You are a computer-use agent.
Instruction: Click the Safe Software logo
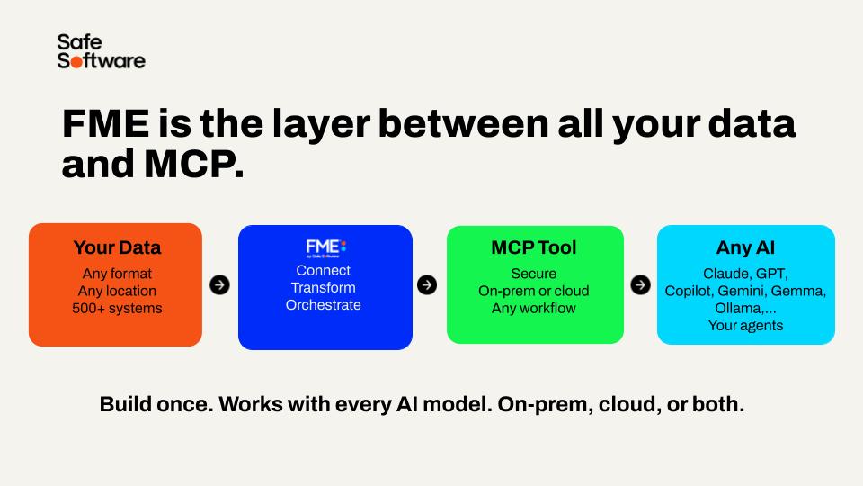coord(102,51)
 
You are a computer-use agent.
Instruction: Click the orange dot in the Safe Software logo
coord(76,61)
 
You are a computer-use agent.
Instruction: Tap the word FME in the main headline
coord(106,123)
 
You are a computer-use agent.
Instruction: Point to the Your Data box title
coord(117,248)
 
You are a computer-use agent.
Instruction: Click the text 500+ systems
coord(117,308)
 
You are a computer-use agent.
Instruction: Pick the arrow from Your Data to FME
coord(219,285)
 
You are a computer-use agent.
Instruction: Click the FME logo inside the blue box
coord(325,248)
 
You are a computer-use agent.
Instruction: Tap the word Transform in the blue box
coord(323,288)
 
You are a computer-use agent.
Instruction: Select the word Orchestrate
coord(323,305)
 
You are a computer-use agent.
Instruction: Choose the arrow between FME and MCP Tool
coord(426,285)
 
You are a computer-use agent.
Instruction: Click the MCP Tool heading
coord(534,248)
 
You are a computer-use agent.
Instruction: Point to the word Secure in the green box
coord(534,274)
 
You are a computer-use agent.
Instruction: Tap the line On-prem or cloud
coord(534,291)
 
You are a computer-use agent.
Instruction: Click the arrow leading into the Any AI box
coord(640,285)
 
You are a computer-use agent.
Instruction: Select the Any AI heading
coord(746,248)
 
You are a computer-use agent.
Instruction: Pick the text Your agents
coord(746,326)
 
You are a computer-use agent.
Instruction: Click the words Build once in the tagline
coord(156,404)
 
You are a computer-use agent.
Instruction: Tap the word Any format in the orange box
coord(117,274)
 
